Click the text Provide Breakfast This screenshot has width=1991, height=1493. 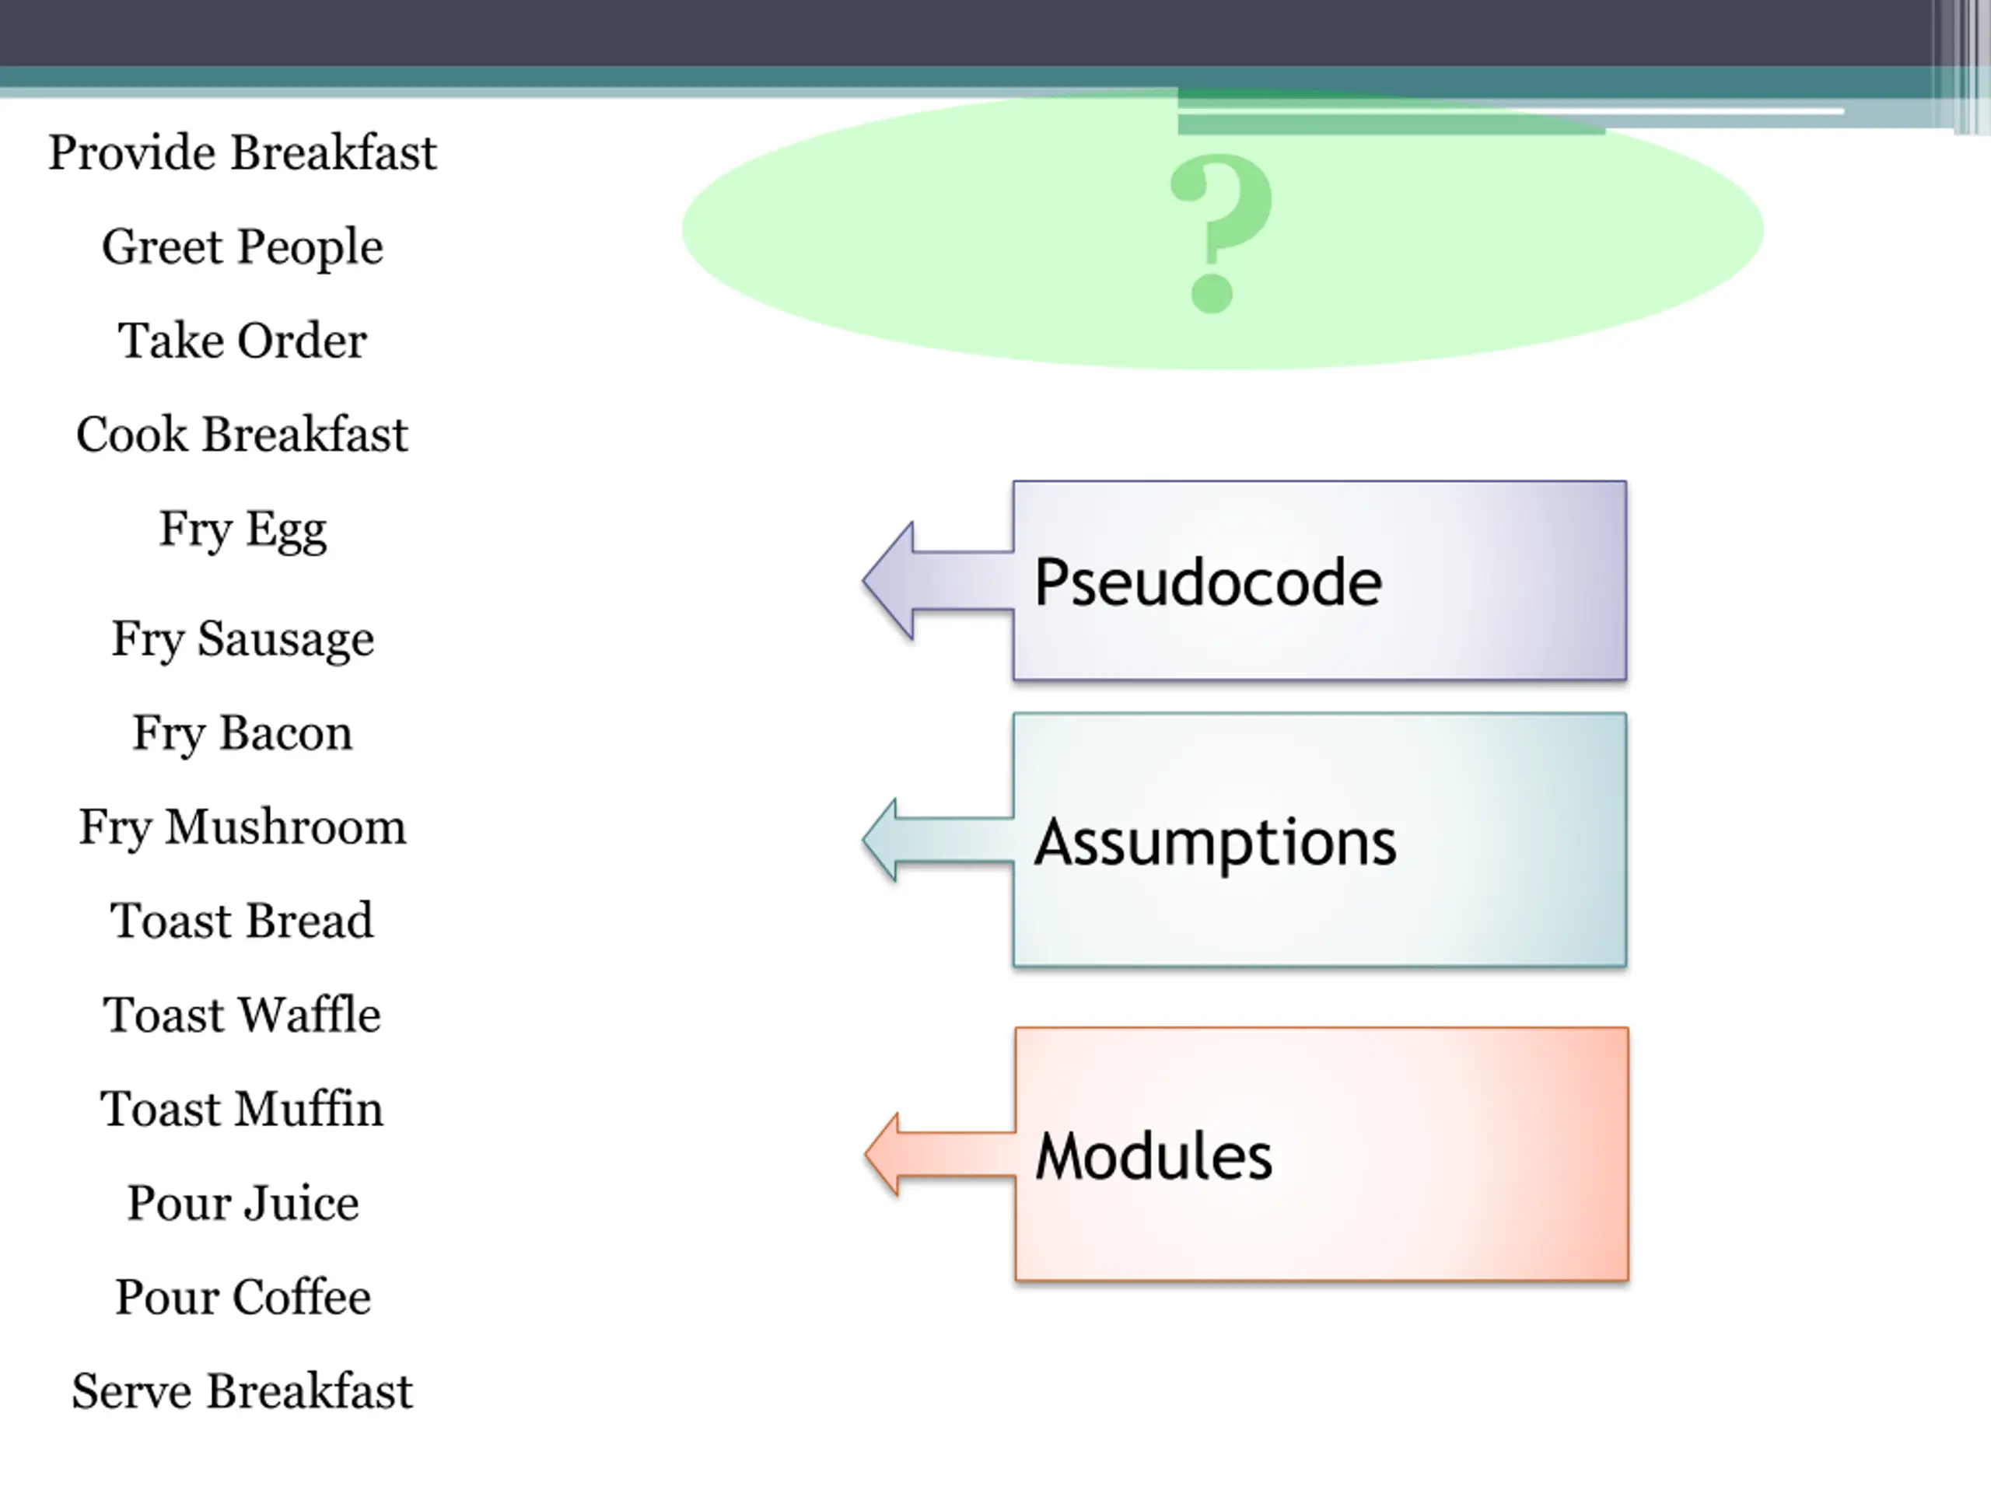(242, 152)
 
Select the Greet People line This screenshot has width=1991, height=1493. (242, 247)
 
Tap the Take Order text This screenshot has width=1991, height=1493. (242, 341)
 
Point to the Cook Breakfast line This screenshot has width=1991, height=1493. (242, 435)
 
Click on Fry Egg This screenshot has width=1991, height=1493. (242, 530)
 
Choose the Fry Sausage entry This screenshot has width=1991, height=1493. (242, 640)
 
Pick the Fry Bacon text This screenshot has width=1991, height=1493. (242, 733)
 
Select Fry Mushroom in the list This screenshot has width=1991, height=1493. (242, 827)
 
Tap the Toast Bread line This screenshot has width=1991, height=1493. (242, 921)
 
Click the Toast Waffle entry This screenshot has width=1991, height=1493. (242, 1015)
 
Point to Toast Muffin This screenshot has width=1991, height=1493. (242, 1109)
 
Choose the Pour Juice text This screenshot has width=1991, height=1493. (242, 1203)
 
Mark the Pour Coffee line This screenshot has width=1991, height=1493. (242, 1297)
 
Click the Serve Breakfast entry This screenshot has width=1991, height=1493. (242, 1391)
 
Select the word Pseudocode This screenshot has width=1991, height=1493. (1208, 582)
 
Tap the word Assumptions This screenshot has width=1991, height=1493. (1215, 842)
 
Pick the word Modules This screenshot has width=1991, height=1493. (1154, 1156)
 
